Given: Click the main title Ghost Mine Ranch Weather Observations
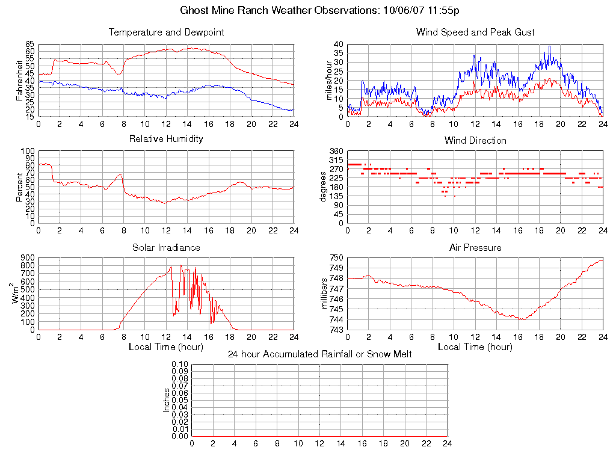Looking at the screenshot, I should click(320, 10).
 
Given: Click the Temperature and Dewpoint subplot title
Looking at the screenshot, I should click(166, 32).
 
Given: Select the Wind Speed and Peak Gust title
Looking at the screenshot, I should click(475, 32).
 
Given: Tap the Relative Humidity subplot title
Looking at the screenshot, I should click(166, 139).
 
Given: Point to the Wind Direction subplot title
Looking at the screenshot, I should click(475, 140).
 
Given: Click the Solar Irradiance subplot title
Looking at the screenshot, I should click(166, 247).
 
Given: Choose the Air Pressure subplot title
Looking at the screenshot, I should click(475, 247).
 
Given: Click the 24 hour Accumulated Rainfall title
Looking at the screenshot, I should click(319, 354).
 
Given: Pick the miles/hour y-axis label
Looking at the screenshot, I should click(328, 80).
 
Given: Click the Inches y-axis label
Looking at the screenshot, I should click(167, 400).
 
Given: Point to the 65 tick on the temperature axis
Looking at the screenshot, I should click(29, 45).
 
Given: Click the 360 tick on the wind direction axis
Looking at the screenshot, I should click(336, 152).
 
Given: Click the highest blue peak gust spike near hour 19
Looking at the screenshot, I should click(549, 46).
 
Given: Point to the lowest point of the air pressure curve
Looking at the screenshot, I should click(522, 319).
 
